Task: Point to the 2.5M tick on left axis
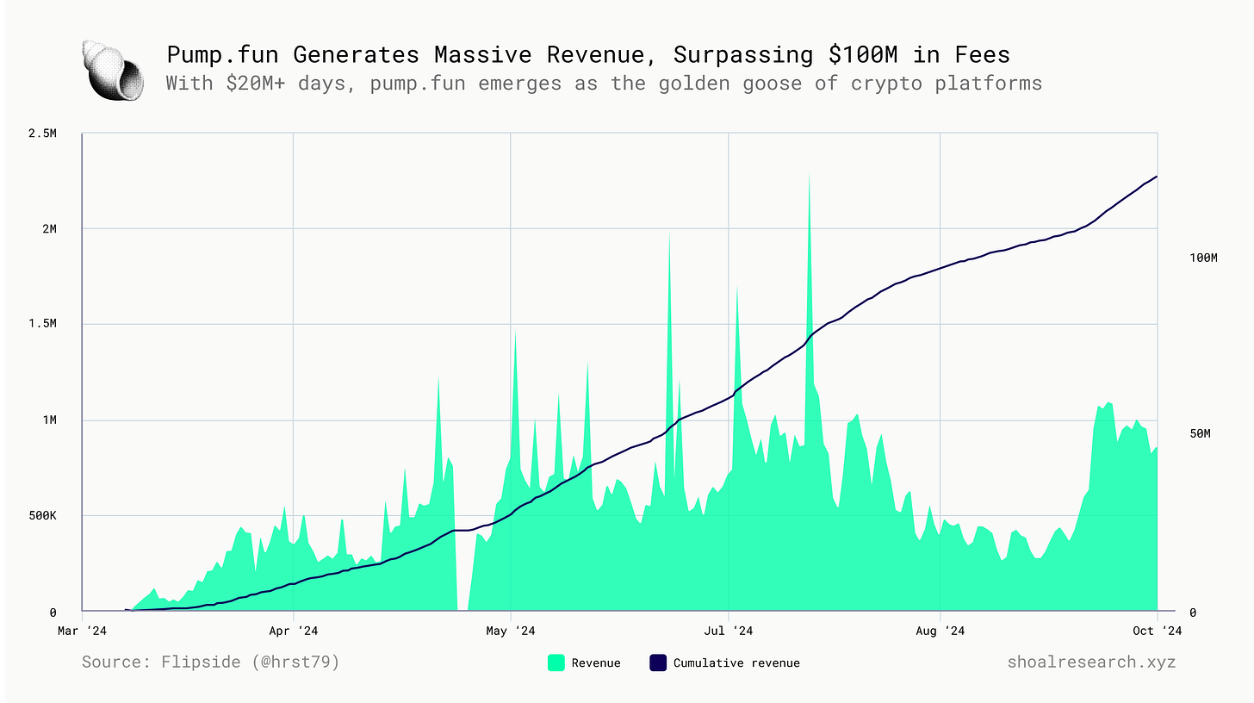click(x=41, y=134)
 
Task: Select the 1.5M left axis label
click(x=41, y=324)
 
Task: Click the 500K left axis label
click(x=41, y=516)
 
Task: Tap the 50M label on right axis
click(x=1200, y=433)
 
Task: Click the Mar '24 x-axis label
click(x=82, y=631)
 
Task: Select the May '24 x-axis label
click(x=511, y=631)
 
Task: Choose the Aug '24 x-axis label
click(x=940, y=631)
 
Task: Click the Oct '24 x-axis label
click(x=1157, y=631)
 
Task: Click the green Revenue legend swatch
click(x=556, y=663)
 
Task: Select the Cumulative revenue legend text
click(x=736, y=663)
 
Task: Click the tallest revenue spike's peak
click(x=810, y=175)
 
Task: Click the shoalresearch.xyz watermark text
click(x=1091, y=662)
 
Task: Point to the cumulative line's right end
click(x=1156, y=177)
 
